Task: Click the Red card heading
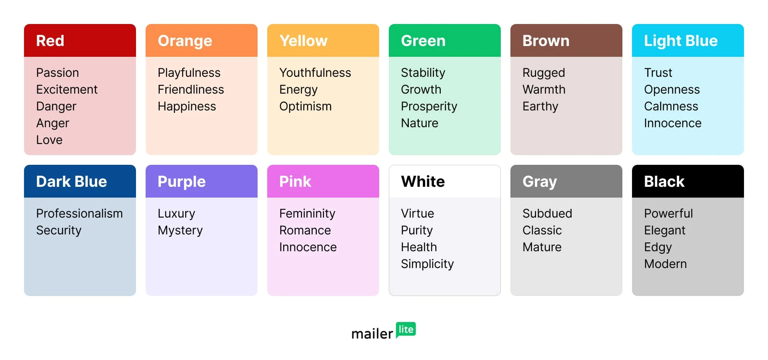tap(50, 41)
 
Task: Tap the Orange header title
tap(185, 41)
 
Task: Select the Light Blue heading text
tap(681, 41)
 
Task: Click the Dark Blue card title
tap(72, 182)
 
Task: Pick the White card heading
tap(423, 182)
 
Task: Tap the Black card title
tap(664, 182)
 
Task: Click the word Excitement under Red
tap(67, 89)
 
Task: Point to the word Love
tap(49, 140)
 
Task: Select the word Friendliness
tap(191, 89)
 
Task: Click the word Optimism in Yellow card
tap(306, 107)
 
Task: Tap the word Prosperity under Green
tap(429, 107)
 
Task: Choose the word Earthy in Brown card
tap(540, 107)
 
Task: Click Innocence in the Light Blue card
tap(673, 123)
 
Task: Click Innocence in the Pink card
tap(308, 247)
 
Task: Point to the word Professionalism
tap(79, 213)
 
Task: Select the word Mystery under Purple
tap(180, 231)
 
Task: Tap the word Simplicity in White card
tap(428, 264)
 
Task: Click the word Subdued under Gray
tap(547, 213)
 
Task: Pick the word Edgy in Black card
tap(658, 248)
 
